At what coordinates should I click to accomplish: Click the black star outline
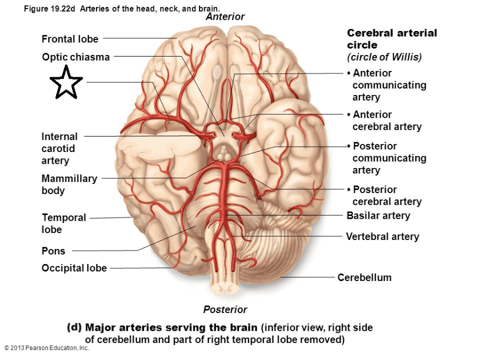click(x=66, y=83)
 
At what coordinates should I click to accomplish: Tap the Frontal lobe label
click(x=70, y=39)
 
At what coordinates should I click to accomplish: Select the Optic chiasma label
click(x=76, y=57)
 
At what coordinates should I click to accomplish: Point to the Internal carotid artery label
click(x=59, y=148)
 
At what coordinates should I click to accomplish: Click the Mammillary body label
click(x=69, y=185)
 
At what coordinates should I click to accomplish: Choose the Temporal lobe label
click(x=63, y=223)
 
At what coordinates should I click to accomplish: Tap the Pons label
click(x=53, y=251)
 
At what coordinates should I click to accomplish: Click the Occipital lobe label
click(x=74, y=268)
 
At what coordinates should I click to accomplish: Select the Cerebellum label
click(x=364, y=277)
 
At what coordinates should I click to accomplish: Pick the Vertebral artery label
click(x=382, y=236)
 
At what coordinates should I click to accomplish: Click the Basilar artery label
click(x=378, y=215)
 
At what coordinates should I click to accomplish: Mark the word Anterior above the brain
click(x=225, y=17)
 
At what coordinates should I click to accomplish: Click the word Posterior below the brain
click(x=225, y=309)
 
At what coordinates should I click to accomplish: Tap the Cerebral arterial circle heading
click(x=391, y=39)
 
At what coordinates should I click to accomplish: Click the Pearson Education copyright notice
click(x=47, y=348)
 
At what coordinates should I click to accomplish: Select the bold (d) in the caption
click(x=74, y=327)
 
